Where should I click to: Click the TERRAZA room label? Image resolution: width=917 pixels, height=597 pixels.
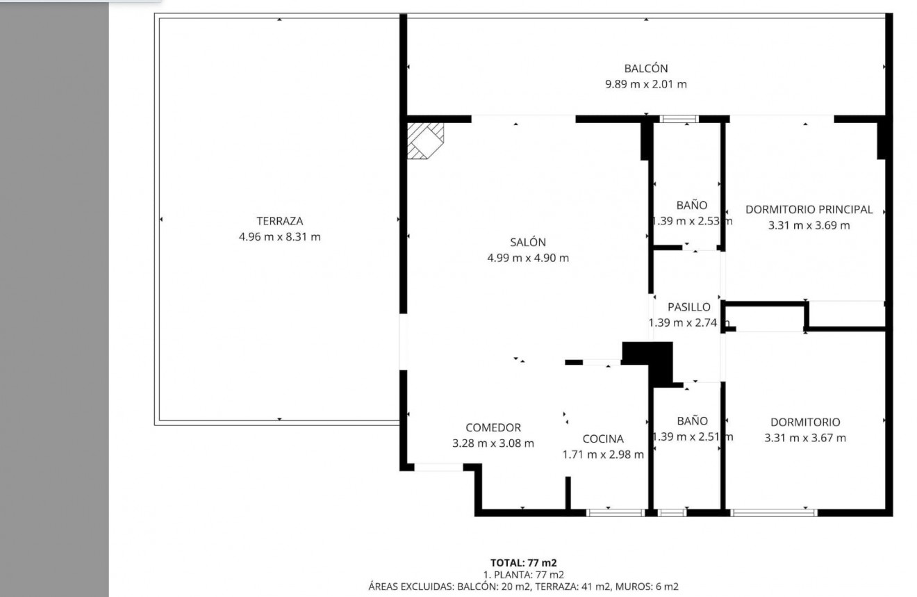click(x=279, y=221)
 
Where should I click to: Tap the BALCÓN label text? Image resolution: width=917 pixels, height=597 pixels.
click(x=645, y=69)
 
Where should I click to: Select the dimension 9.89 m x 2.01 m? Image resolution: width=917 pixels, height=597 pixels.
click(x=645, y=85)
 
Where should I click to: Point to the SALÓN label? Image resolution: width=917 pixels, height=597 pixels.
click(x=528, y=243)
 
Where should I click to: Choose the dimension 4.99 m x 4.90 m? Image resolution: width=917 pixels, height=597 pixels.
click(x=528, y=259)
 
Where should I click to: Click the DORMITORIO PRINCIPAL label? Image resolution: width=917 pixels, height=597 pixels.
click(x=809, y=209)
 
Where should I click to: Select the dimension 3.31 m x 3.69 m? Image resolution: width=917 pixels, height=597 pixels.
click(x=809, y=225)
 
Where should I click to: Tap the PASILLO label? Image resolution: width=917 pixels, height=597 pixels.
click(x=688, y=306)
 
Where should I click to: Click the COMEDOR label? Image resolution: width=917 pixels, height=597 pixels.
click(x=493, y=427)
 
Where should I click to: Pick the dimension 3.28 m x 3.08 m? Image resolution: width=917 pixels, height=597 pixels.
click(x=493, y=443)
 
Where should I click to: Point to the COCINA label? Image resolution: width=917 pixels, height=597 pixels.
click(x=602, y=439)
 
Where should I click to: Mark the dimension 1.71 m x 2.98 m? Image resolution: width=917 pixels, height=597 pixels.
click(x=602, y=455)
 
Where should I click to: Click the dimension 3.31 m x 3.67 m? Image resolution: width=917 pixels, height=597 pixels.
click(x=804, y=438)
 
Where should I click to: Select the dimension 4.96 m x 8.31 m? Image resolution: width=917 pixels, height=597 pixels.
click(x=279, y=237)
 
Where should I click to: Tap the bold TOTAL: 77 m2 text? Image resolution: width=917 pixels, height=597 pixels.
click(x=523, y=562)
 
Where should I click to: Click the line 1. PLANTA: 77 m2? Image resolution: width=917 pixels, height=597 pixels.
click(x=523, y=574)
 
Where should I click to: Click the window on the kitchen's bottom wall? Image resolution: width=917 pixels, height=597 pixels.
click(x=615, y=513)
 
